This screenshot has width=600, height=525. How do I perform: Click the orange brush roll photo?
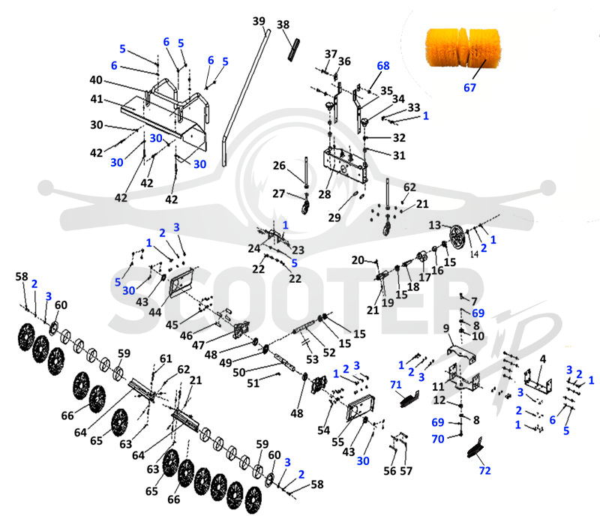click(x=463, y=47)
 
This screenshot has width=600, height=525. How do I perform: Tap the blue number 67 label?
click(x=469, y=88)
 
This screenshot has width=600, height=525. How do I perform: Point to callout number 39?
click(x=259, y=21)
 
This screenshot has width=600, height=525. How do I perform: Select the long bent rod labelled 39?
click(x=245, y=97)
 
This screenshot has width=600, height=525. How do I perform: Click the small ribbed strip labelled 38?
click(x=293, y=49)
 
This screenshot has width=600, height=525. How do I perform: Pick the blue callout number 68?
click(x=383, y=65)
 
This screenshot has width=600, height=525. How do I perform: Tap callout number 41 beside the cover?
click(x=97, y=99)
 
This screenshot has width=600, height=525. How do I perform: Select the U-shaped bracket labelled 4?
click(x=538, y=381)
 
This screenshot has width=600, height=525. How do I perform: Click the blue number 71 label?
click(x=396, y=384)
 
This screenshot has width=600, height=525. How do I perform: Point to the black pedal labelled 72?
click(x=475, y=448)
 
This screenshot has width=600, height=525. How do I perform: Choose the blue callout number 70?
click(x=438, y=439)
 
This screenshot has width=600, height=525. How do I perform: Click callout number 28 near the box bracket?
click(x=325, y=194)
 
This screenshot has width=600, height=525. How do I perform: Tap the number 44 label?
click(x=155, y=312)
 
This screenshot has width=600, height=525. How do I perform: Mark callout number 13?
click(x=435, y=224)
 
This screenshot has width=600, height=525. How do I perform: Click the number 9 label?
click(x=445, y=328)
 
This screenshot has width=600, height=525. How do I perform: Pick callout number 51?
click(x=253, y=382)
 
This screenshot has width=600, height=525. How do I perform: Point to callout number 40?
click(x=96, y=79)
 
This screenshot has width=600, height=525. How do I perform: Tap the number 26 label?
click(x=279, y=165)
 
